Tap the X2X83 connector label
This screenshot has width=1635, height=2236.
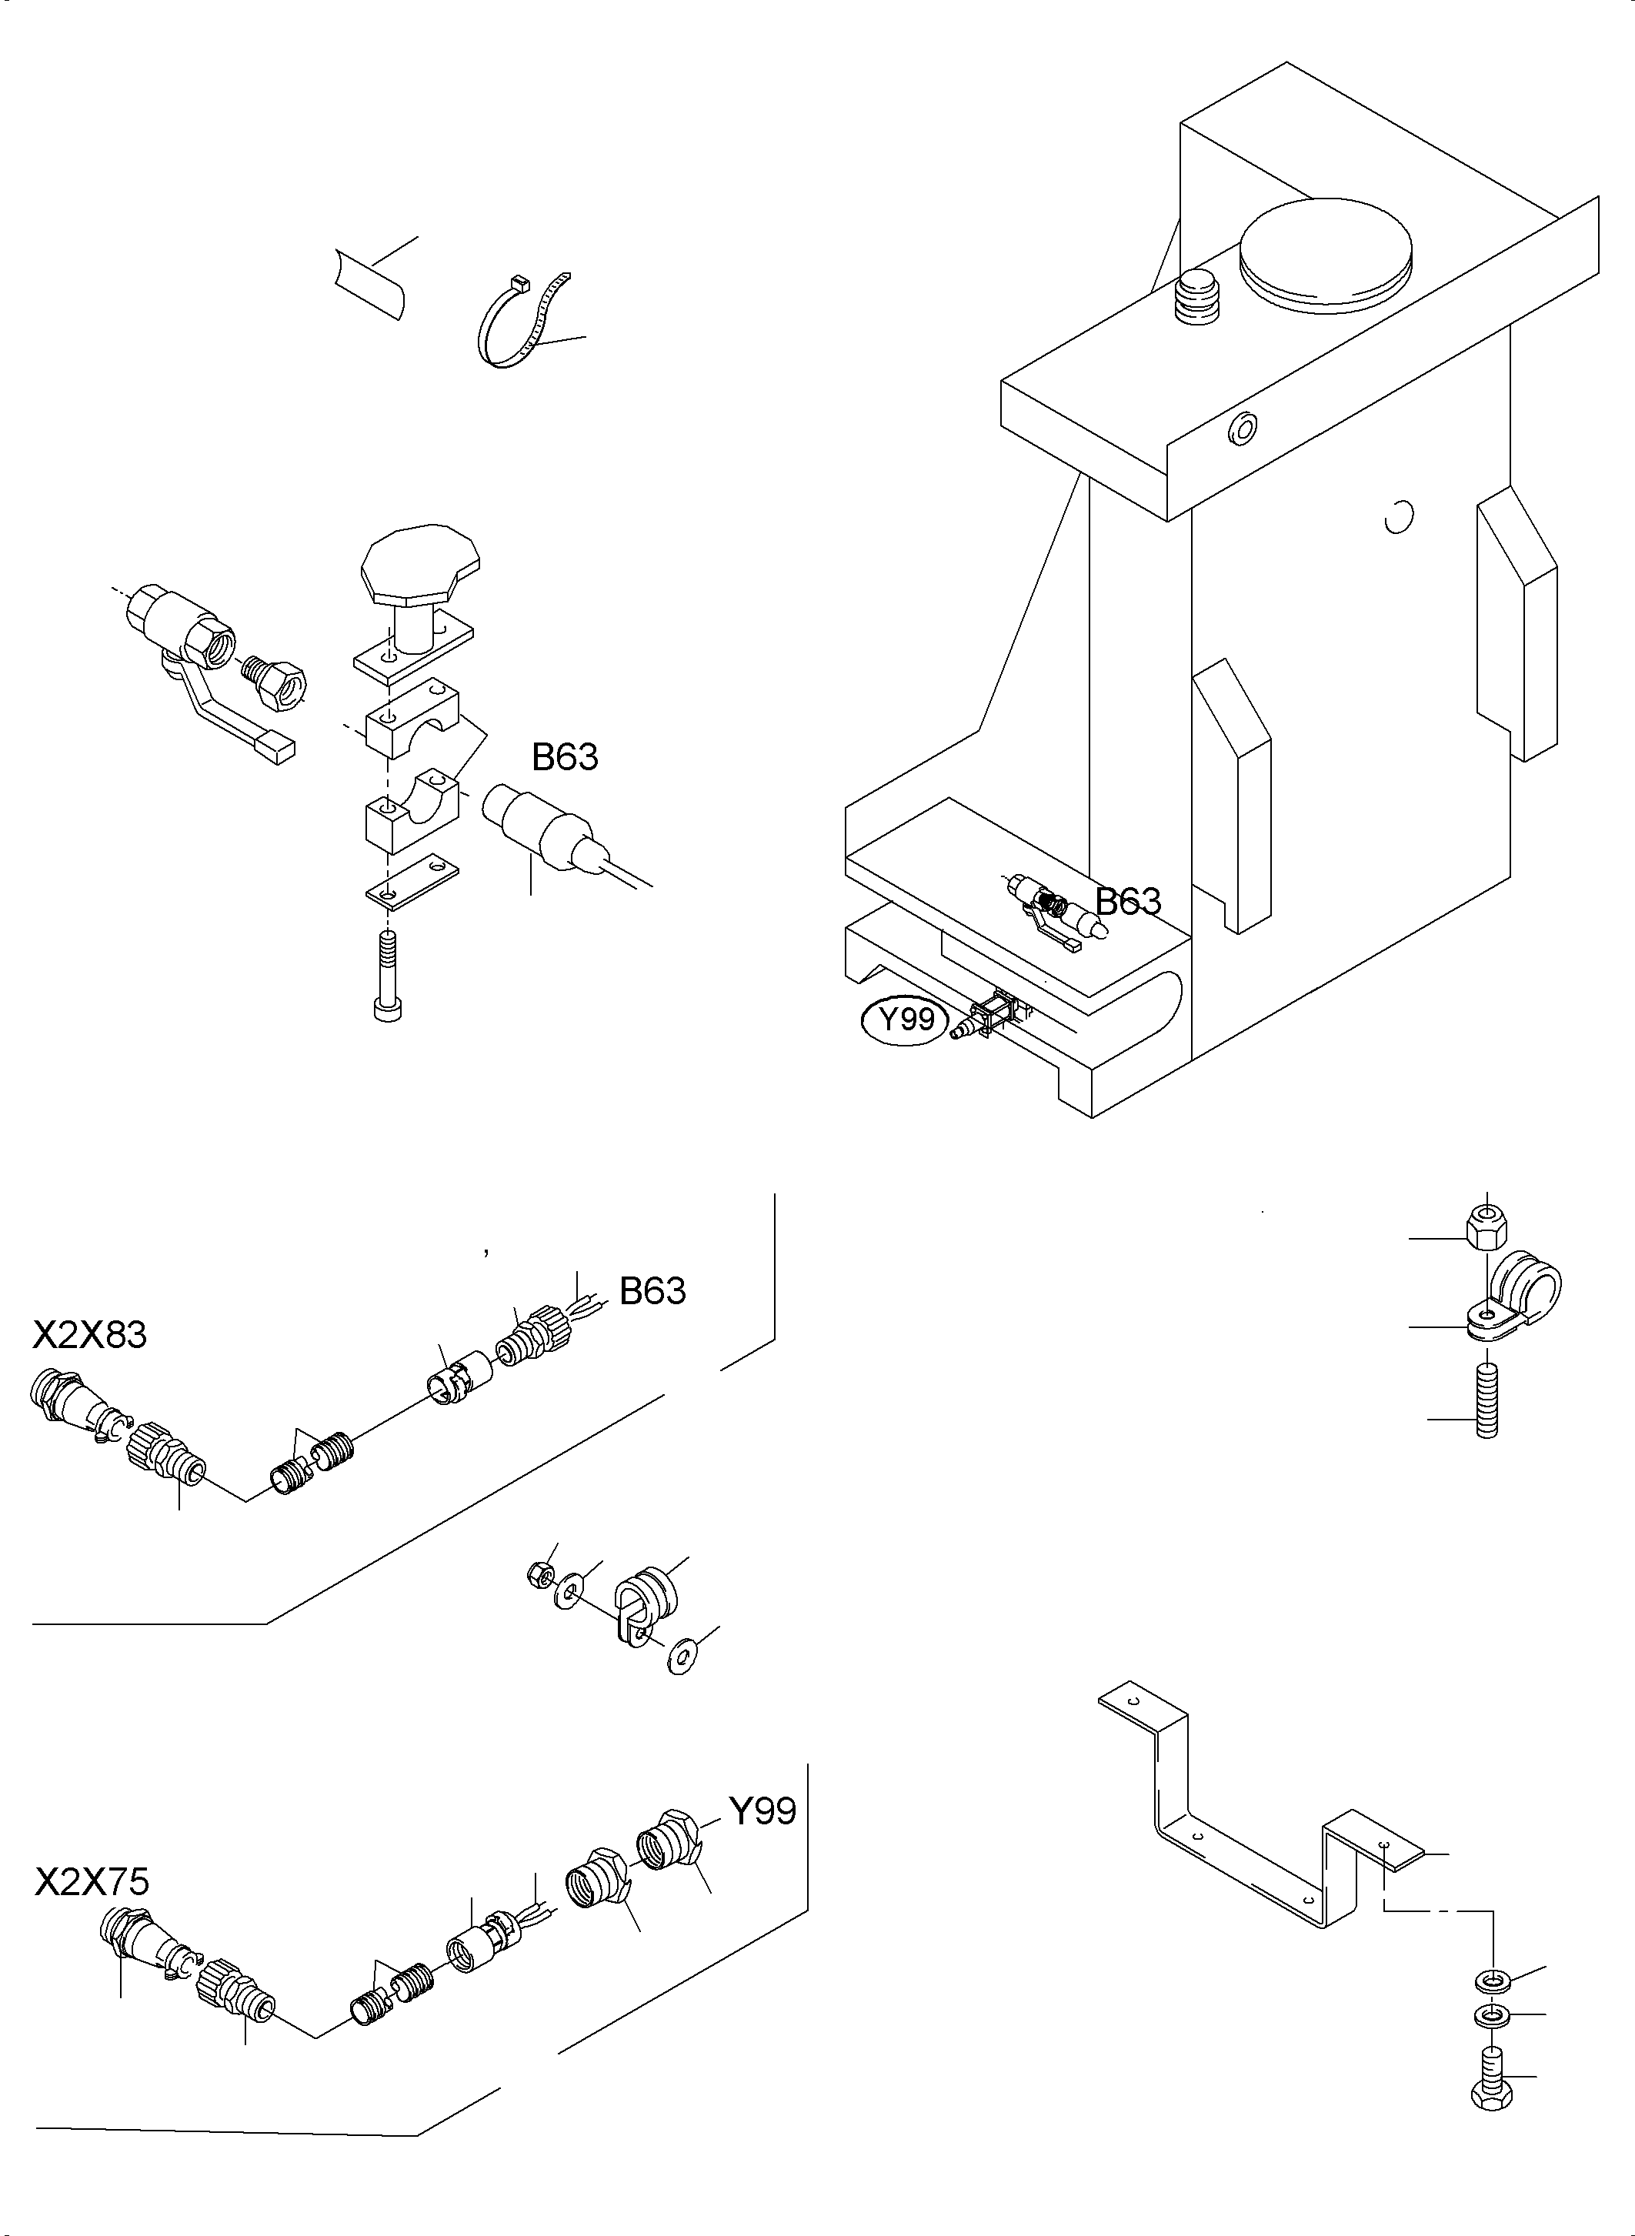[89, 1335]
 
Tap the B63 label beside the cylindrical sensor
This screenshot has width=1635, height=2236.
[564, 757]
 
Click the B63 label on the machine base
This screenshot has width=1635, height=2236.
[1127, 902]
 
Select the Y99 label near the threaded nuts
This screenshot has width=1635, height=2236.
[762, 1811]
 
